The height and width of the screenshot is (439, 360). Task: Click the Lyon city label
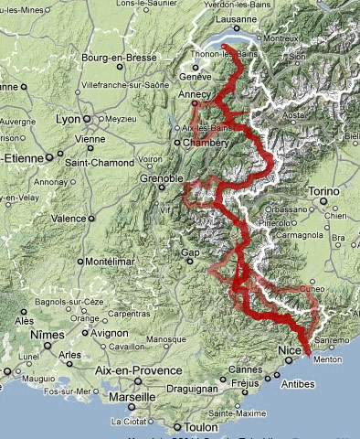click(67, 119)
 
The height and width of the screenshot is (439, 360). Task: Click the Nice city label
click(289, 351)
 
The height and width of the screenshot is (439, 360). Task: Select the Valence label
click(68, 219)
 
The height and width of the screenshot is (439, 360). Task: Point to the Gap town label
click(190, 252)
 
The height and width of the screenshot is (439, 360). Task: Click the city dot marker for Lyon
click(87, 119)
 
